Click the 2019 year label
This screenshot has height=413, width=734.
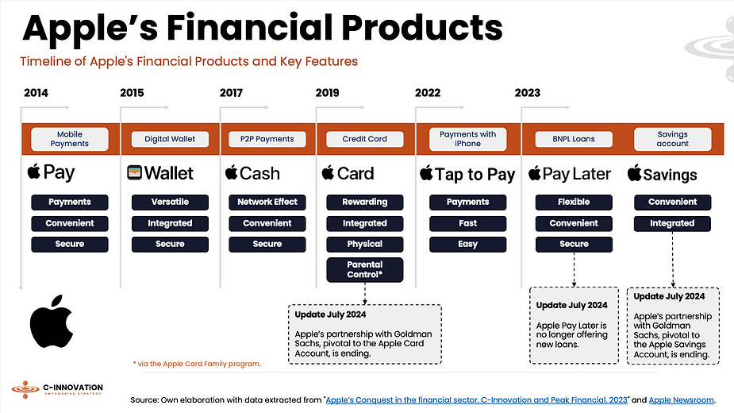coord(327,93)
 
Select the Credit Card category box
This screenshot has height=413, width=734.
coord(365,139)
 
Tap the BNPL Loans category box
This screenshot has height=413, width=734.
coord(574,139)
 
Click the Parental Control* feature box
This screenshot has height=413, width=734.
coord(365,269)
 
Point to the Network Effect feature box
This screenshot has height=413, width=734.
coord(267,202)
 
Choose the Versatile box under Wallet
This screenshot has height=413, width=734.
coord(170,202)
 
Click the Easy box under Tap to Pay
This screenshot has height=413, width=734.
coord(467,245)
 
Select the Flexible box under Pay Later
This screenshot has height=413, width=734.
coord(574,202)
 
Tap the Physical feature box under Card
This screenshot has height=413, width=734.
coord(365,245)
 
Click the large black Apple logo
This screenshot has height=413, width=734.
coord(52,322)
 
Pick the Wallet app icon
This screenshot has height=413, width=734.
coord(134,172)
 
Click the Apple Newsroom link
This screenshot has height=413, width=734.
coord(681,399)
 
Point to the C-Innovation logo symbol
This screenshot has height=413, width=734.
coord(25,389)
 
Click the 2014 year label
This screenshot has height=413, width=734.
coord(36,93)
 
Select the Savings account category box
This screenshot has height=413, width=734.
coord(672,139)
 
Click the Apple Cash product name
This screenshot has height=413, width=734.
coord(253,173)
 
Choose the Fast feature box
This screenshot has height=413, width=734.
coord(467,223)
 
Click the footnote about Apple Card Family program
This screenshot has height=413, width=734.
coord(197,364)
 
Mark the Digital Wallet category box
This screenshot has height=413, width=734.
coord(170,139)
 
